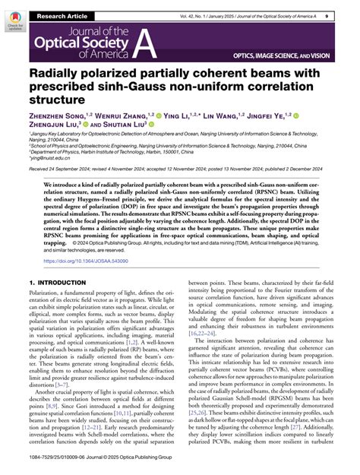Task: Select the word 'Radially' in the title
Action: coord(61,77)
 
